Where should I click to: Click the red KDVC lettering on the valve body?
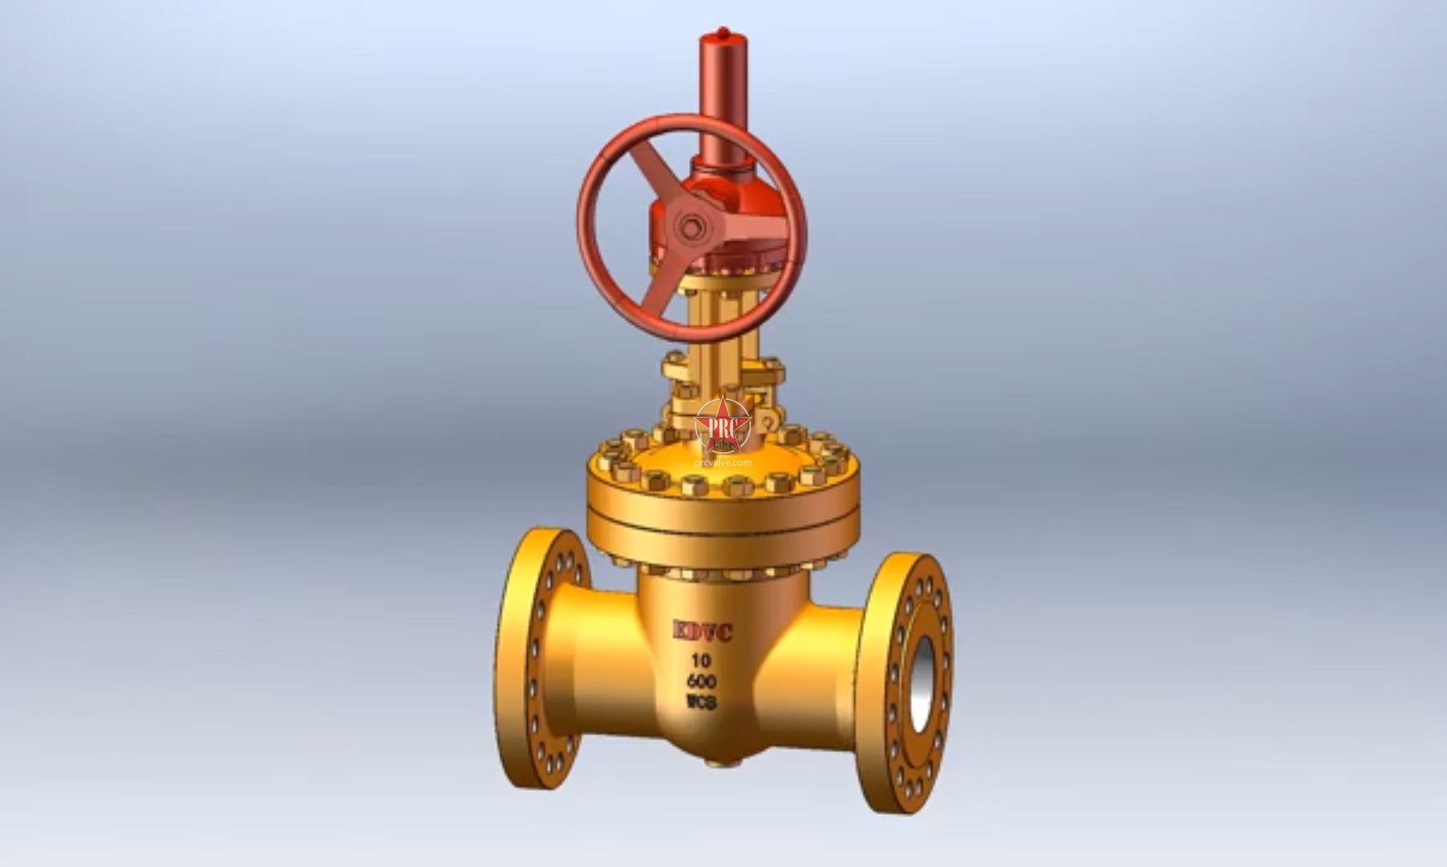tap(702, 633)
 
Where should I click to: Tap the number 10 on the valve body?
tap(701, 661)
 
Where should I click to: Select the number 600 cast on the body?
tap(702, 682)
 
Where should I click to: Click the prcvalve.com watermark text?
tap(723, 462)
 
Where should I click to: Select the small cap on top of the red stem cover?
tap(719, 34)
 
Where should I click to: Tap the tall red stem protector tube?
tap(719, 96)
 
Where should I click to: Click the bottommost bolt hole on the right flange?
tap(915, 791)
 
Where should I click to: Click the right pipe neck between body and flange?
tap(818, 666)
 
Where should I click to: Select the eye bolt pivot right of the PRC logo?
tap(768, 421)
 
